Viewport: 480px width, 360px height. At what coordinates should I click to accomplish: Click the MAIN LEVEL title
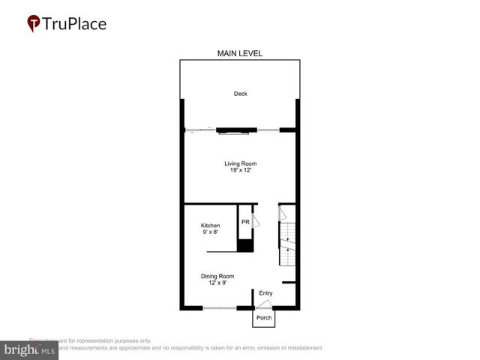(240, 53)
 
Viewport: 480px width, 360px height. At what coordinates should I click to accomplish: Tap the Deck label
(240, 94)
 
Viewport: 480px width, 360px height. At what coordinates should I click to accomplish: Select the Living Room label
(240, 163)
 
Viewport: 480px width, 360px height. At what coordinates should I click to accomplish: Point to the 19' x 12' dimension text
(240, 171)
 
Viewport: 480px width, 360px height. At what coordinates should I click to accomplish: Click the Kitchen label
(210, 226)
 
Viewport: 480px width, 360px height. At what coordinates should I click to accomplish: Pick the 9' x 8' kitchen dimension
(210, 232)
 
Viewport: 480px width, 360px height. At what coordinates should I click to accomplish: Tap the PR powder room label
(245, 222)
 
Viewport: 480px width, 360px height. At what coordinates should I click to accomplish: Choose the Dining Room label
(217, 276)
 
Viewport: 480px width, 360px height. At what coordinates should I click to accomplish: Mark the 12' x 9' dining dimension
(217, 283)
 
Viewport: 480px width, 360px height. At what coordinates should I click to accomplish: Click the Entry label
(266, 292)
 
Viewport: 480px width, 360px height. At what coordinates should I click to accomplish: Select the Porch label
(263, 318)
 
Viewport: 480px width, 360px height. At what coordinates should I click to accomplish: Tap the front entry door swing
(264, 303)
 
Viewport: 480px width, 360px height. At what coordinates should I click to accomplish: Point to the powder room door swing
(256, 220)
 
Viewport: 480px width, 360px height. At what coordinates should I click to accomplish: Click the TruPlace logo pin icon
(34, 23)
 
